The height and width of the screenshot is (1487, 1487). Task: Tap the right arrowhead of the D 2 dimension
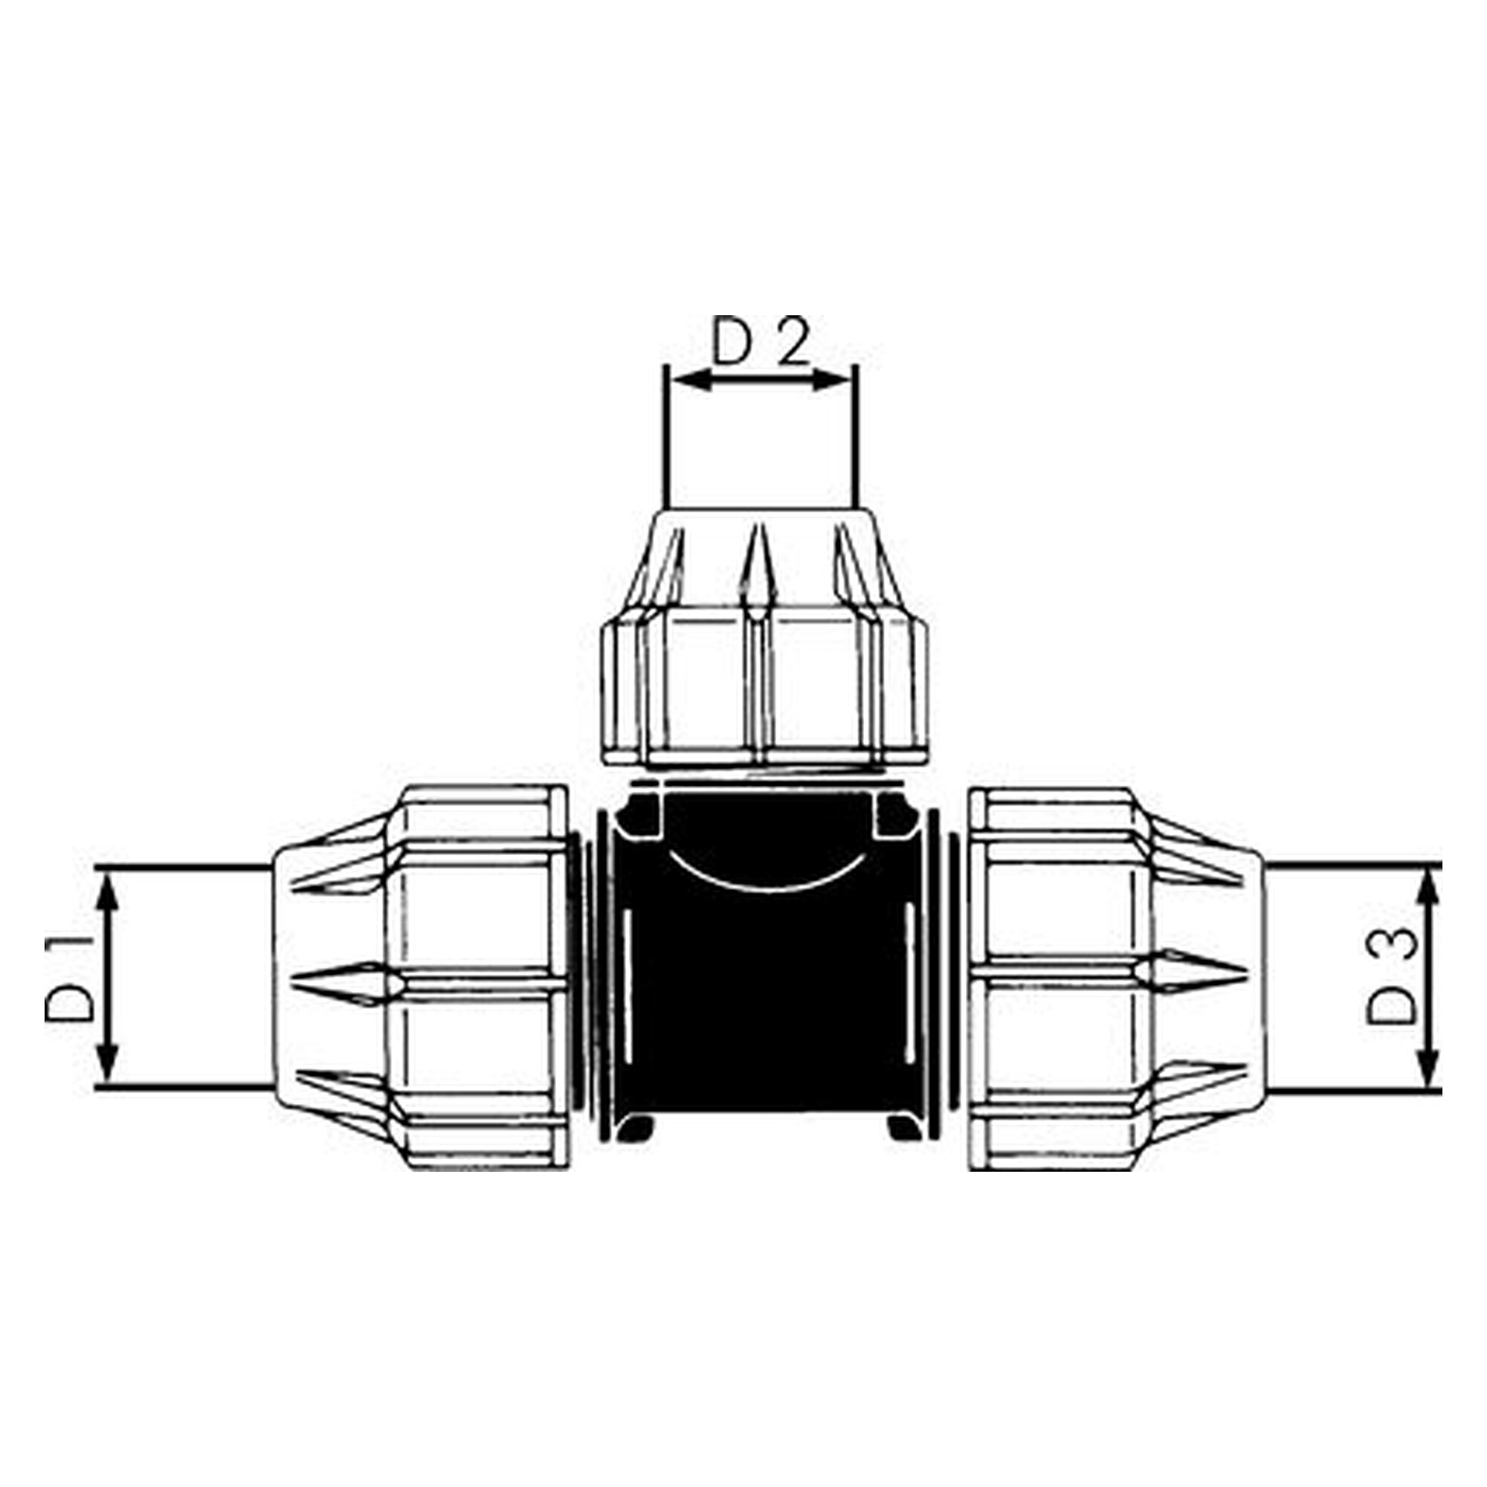tap(832, 378)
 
